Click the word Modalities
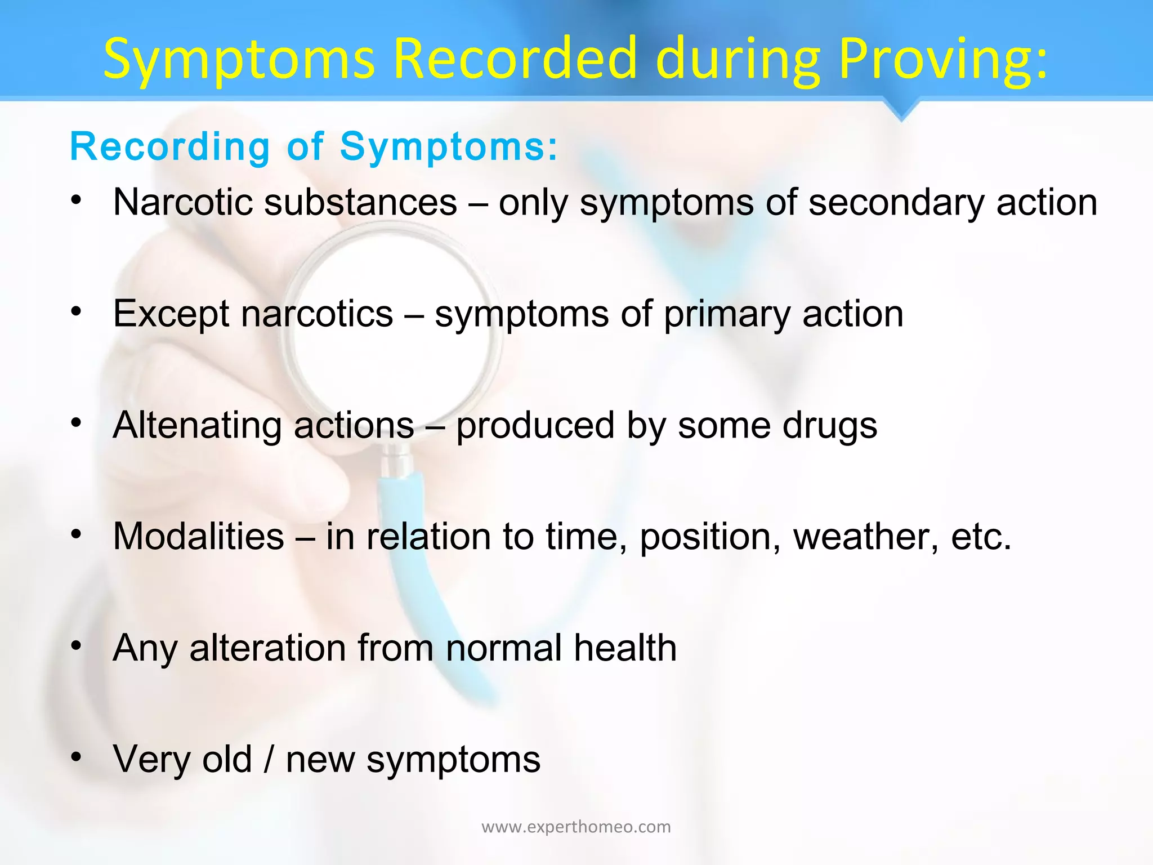click(x=198, y=536)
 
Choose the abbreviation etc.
click(x=981, y=537)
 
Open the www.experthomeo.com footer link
click(x=576, y=827)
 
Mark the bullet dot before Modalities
click(x=77, y=533)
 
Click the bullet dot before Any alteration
click(x=77, y=645)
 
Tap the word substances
click(x=360, y=202)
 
